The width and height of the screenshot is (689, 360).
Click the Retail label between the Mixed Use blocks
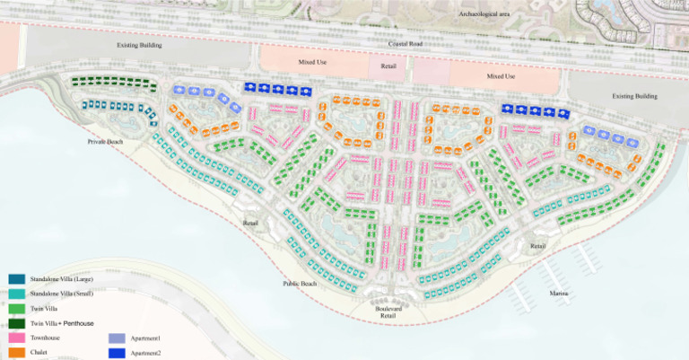pyautogui.click(x=388, y=66)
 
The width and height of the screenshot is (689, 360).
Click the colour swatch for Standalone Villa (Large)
pyautogui.click(x=17, y=279)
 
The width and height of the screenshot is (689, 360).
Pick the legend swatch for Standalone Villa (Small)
pyautogui.click(x=17, y=294)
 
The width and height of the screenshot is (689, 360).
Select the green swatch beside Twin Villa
pyautogui.click(x=17, y=308)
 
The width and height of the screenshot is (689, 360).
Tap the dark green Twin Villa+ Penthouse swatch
pyautogui.click(x=17, y=323)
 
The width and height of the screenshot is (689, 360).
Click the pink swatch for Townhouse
pyautogui.click(x=17, y=338)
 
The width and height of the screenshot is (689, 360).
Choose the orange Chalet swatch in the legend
pyautogui.click(x=17, y=352)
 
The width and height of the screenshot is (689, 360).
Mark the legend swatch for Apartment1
pyautogui.click(x=117, y=338)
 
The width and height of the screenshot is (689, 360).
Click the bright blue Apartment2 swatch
pyautogui.click(x=117, y=353)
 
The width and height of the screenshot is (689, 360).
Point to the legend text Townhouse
pyautogui.click(x=46, y=338)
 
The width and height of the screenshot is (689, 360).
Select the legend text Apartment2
pyautogui.click(x=146, y=354)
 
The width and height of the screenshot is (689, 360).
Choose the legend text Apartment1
pyautogui.click(x=146, y=338)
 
